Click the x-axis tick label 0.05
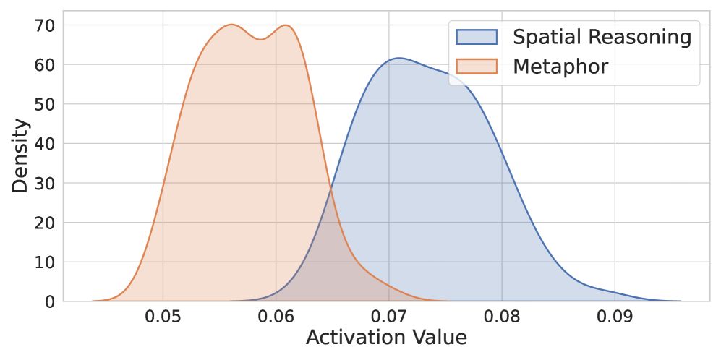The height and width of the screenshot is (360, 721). pos(163,316)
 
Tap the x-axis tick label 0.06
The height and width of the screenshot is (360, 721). pos(276,316)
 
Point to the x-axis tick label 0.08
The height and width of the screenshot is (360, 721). pos(501,316)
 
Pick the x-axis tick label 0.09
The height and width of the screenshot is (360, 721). pos(614,316)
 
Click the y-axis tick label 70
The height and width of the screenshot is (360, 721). pos(45,25)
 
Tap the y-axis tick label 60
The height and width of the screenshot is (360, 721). pos(45,65)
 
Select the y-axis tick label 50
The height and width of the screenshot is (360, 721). pos(45,104)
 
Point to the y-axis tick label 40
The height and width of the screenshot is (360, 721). pos(45,144)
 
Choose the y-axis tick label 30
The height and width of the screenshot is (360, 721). pos(45,183)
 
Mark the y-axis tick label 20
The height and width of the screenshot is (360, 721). pos(45,223)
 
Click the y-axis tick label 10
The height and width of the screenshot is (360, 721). pos(45,262)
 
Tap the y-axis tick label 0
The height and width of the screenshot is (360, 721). pos(50,301)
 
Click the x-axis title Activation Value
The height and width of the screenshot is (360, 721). pos(386,338)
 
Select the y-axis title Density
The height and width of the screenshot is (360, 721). pos(21,156)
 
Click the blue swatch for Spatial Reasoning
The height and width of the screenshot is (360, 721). pos(477,37)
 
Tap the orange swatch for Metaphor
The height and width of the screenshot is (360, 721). pos(477,67)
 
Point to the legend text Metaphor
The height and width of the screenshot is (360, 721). pos(560,67)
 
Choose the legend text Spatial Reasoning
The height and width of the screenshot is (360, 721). pos(602,37)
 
